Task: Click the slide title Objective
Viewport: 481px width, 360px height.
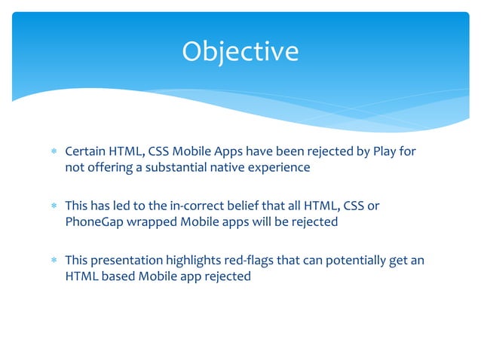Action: (x=240, y=51)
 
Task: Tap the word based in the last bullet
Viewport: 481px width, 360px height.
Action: (x=119, y=276)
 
